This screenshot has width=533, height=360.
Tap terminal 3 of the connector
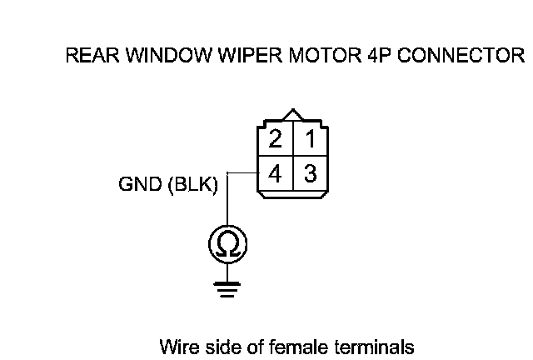click(x=309, y=175)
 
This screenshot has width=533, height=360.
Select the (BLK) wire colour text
click(x=192, y=185)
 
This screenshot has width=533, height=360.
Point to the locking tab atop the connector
click(x=292, y=116)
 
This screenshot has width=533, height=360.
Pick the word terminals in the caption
click(x=374, y=345)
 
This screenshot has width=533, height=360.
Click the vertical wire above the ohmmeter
click(x=227, y=200)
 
